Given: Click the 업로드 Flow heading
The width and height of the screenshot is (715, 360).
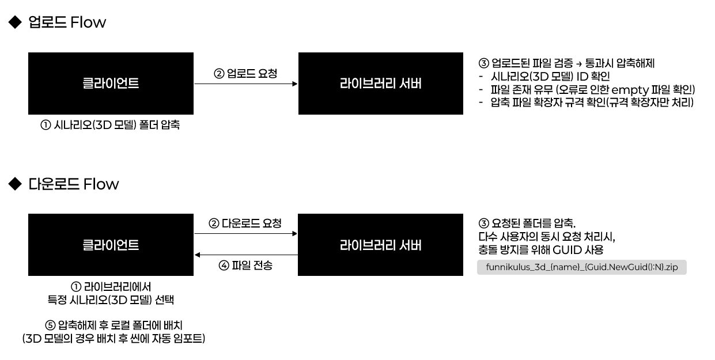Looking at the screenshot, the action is coord(67,22).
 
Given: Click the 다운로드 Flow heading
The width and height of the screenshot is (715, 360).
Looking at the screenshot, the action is coord(73,184).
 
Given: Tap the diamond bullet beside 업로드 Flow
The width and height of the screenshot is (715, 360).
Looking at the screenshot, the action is coord(15,22).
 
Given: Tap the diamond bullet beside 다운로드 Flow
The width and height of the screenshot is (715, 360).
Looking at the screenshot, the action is coord(15,184).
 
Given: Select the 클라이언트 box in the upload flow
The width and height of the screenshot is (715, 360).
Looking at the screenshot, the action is coord(111,84).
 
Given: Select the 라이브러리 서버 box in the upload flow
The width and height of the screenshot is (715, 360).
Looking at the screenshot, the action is coord(380,84).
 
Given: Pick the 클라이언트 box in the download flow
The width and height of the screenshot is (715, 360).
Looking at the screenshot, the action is coord(111,245).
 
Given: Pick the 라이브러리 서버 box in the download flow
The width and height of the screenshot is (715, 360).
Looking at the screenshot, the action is coord(380,245).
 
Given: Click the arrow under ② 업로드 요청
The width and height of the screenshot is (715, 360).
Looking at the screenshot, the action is coord(246,84).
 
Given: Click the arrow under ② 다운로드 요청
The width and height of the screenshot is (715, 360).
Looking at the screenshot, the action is coord(246,234).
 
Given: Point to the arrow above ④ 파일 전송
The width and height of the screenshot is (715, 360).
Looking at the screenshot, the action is coord(246,255).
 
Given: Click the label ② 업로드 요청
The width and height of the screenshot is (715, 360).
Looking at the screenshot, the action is coord(245,74).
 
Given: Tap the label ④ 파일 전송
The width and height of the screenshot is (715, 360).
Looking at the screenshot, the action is coord(245,265).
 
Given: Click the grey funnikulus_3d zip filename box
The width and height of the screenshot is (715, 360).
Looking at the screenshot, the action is coord(581,267).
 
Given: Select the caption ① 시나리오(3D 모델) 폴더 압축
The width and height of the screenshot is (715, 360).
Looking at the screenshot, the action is coord(110,125).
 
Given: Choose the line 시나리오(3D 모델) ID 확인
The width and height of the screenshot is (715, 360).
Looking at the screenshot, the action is coord(550,77).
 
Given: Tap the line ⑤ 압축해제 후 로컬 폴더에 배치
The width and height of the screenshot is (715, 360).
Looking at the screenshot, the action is coord(114,325).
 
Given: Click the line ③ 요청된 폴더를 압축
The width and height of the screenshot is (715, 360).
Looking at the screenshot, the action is coord(527,223).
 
